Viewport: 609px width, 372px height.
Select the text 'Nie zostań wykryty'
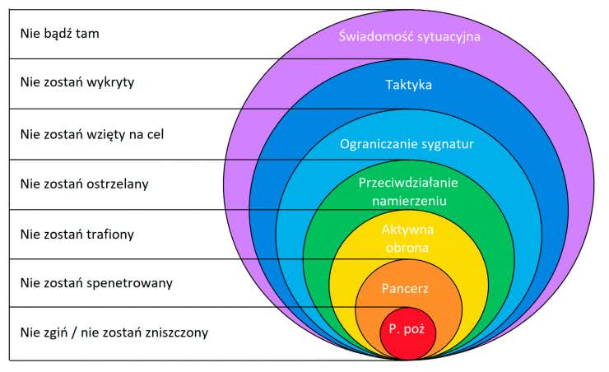point(77,82)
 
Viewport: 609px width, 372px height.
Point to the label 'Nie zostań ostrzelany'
point(84,184)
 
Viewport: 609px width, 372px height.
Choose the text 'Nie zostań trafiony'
point(77,234)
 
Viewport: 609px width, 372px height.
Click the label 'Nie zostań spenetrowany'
point(95,283)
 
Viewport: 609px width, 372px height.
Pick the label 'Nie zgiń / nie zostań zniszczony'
point(114,332)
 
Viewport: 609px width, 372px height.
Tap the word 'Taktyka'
point(409,85)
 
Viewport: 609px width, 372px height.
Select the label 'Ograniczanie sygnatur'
point(407,143)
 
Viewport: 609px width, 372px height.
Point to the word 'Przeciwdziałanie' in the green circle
point(408,182)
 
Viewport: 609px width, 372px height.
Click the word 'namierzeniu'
point(408,198)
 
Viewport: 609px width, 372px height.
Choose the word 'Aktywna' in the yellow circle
point(408,228)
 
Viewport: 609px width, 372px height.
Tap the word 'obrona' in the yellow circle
point(408,244)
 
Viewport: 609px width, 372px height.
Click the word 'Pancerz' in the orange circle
point(406,288)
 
